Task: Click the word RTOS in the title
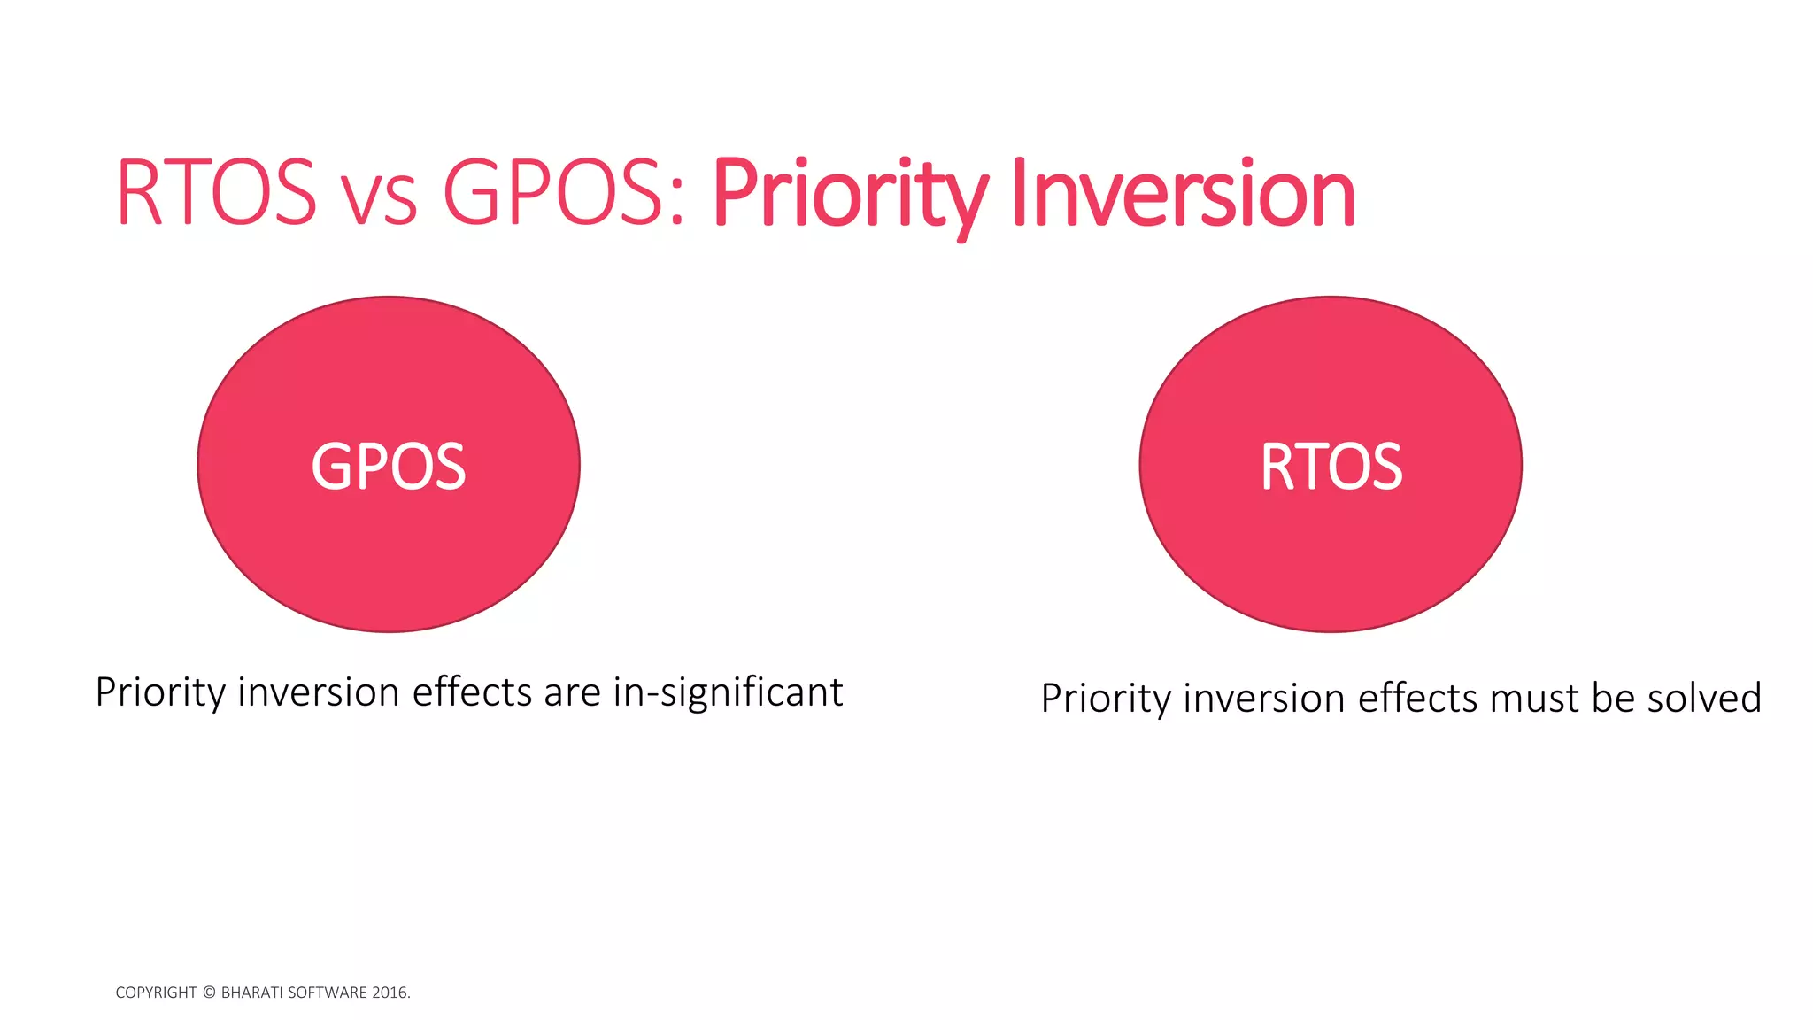[215, 192]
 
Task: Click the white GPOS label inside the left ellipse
[388, 467]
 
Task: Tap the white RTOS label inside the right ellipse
[1331, 467]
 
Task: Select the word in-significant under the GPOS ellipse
[728, 692]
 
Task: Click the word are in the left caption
[572, 692]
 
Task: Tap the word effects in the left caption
[473, 692]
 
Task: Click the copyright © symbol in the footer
[209, 993]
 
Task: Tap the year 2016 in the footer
[390, 993]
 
